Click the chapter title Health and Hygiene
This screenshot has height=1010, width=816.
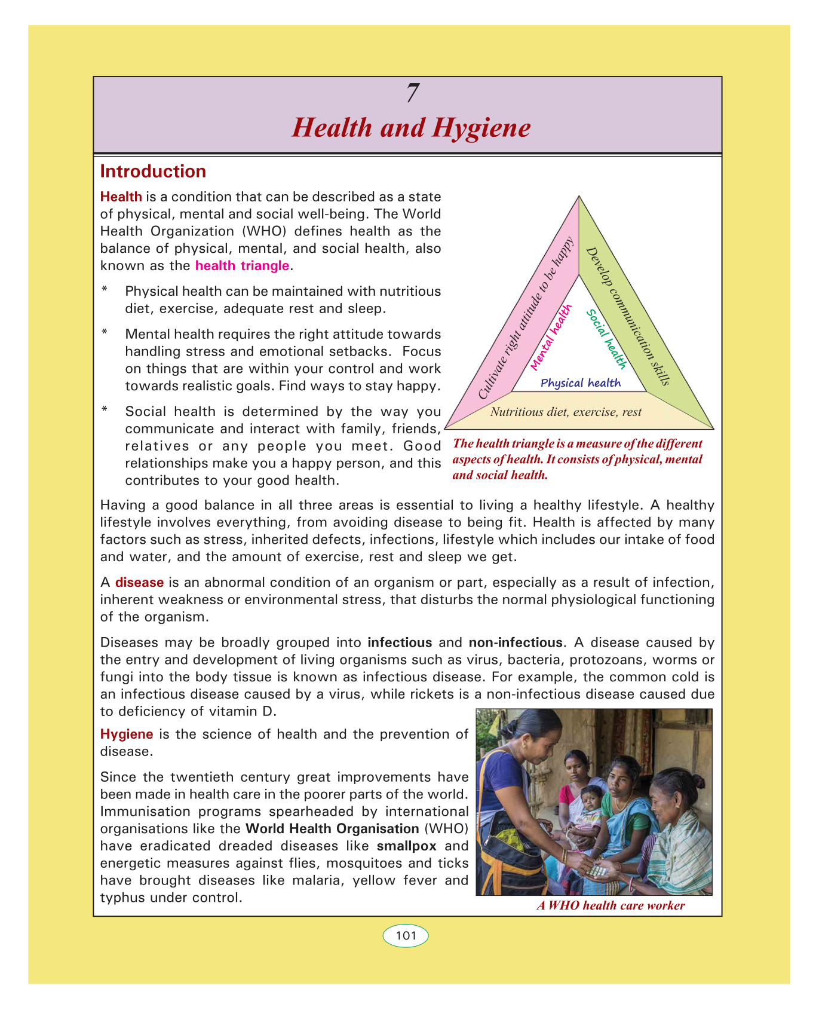(x=411, y=128)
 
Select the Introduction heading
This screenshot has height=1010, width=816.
(x=153, y=172)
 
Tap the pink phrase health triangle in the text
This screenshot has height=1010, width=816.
(x=242, y=266)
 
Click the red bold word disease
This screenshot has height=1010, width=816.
(x=139, y=583)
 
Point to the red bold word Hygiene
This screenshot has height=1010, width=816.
(x=127, y=734)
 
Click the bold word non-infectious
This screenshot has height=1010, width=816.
(x=515, y=643)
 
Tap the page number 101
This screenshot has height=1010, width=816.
(x=406, y=936)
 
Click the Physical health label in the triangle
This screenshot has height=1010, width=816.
(x=580, y=383)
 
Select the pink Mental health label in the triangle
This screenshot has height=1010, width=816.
(x=551, y=336)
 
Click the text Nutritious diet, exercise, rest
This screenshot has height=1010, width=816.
(x=566, y=412)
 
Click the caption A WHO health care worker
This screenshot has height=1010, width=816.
(x=611, y=905)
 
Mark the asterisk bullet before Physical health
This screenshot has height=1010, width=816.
(x=105, y=290)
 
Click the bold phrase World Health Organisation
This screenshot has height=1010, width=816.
(x=332, y=829)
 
